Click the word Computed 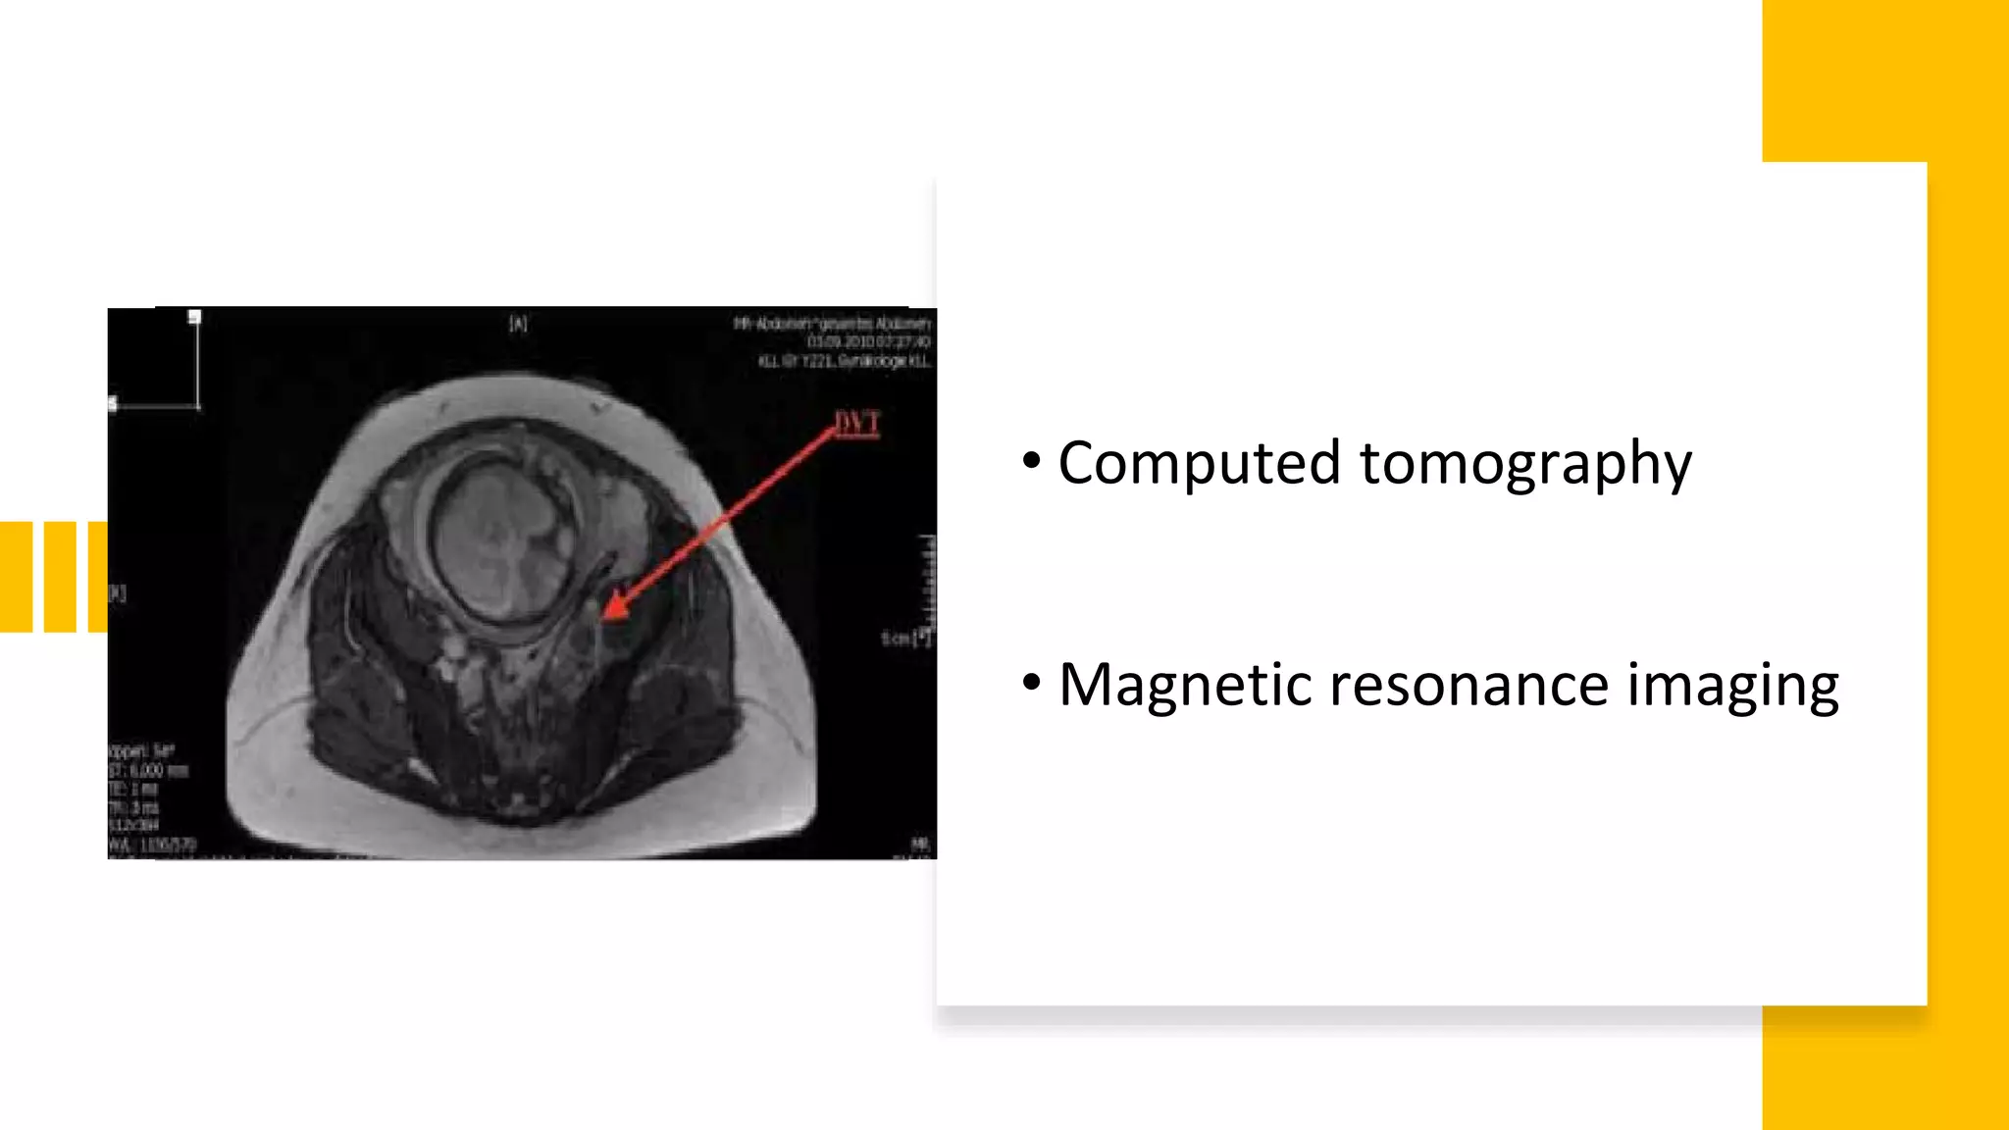1199,464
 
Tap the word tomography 1525,464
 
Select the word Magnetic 1184,685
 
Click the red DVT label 856,423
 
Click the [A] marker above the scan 518,323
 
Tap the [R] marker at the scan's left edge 117,592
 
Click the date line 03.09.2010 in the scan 867,341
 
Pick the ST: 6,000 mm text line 147,770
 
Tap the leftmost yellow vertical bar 16,577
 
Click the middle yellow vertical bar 60,577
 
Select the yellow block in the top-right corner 1884,79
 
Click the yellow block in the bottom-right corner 1884,1068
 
